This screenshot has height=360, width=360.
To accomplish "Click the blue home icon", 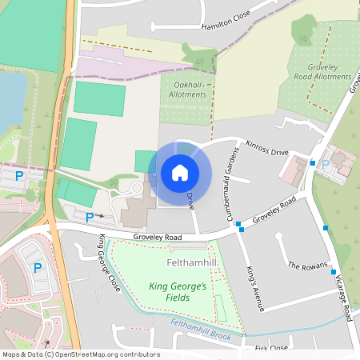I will (180, 172).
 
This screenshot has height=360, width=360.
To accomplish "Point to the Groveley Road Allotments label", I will (330, 72).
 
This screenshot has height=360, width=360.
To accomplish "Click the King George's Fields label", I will (178, 291).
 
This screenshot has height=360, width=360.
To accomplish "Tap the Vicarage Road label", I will (342, 296).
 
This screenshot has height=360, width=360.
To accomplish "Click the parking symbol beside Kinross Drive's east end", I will (325, 164).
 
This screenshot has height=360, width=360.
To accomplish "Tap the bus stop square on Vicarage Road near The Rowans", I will (325, 228).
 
